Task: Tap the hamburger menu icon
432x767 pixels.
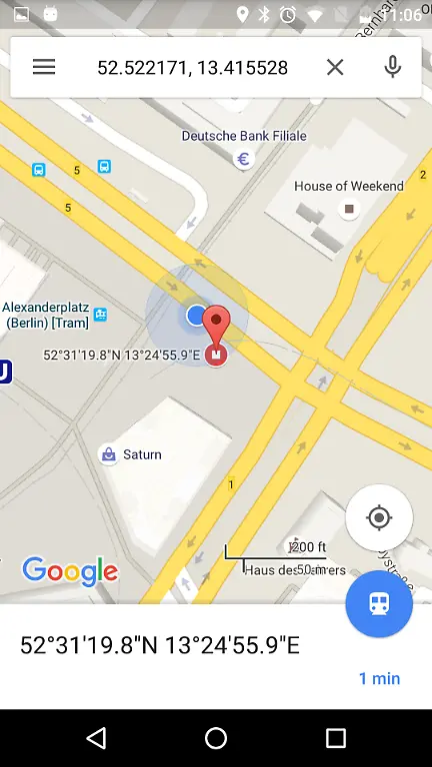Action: pos(44,67)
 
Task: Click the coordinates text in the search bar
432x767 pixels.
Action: pos(192,68)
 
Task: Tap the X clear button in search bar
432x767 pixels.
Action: pos(335,67)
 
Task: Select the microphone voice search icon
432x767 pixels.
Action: pos(393,67)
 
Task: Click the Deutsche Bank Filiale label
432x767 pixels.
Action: pos(244,136)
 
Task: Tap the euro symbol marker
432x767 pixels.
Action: pos(242,159)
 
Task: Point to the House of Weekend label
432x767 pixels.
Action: pos(349,186)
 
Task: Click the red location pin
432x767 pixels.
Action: pos(217,326)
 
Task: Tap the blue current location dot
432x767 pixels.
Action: pos(196,316)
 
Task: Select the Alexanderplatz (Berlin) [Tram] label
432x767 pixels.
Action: pos(47,315)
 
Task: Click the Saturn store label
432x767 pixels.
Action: pos(142,454)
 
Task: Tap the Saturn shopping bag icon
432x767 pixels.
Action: pos(108,455)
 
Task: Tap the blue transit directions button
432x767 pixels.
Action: pos(379,604)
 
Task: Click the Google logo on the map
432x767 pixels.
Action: pos(70,571)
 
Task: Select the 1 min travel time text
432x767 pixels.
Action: pos(379,678)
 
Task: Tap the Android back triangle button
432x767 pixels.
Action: pos(96,738)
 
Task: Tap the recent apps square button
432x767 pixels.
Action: pos(336,738)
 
